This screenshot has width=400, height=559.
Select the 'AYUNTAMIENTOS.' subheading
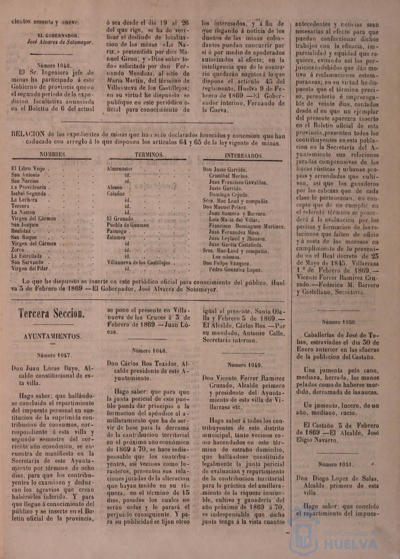tap(52, 336)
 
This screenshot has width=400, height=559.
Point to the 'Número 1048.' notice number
tap(150, 351)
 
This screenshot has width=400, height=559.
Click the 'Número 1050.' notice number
tap(339, 322)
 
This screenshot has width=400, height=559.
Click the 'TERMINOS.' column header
tap(149, 155)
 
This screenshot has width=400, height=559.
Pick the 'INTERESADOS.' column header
tap(244, 156)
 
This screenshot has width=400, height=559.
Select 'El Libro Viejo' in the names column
tap(28, 169)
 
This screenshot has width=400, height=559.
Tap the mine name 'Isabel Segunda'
tap(28, 194)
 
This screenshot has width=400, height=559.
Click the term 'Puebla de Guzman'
tap(128, 225)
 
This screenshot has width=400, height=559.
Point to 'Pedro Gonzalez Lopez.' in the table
tap(235, 270)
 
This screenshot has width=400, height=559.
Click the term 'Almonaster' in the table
tap(120, 169)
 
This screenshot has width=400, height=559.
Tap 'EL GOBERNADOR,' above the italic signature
tap(59, 35)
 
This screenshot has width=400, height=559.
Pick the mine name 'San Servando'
tap(27, 262)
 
